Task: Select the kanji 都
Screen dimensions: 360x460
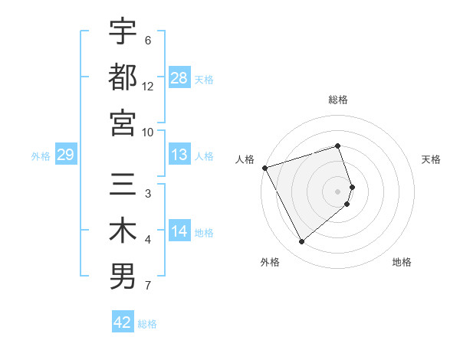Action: [123, 77]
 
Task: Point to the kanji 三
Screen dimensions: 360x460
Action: [123, 185]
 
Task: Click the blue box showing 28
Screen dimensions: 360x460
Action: [179, 77]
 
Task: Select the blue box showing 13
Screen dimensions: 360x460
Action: [179, 155]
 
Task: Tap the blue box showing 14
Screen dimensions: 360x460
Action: [179, 232]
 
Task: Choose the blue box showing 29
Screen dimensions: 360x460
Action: [65, 155]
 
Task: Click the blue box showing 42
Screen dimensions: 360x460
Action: [123, 322]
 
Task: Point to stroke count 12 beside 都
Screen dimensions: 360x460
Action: [148, 87]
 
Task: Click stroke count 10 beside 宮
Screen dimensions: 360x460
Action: [148, 132]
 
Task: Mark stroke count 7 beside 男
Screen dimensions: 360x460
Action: [148, 286]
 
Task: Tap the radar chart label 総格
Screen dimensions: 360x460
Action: [338, 100]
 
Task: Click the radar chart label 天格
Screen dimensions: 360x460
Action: [431, 159]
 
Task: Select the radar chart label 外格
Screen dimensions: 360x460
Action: [270, 262]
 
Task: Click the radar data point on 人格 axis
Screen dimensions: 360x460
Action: [265, 167]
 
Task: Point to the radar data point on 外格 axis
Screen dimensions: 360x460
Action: [301, 242]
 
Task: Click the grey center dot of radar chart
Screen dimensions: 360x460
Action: [338, 191]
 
